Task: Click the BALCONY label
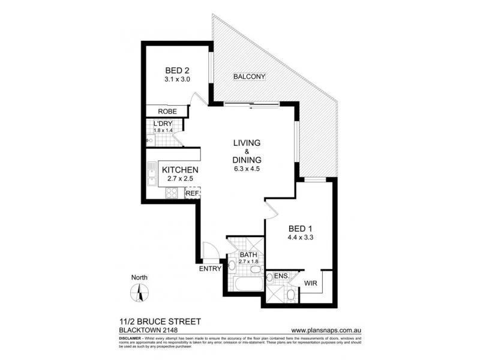click(x=250, y=77)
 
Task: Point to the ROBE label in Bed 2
click(x=167, y=112)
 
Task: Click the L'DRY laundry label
click(x=163, y=124)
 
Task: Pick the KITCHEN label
click(x=180, y=170)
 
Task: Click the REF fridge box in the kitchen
click(x=192, y=193)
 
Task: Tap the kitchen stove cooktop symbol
click(x=172, y=193)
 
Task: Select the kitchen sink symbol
click(x=151, y=177)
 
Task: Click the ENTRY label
click(x=210, y=268)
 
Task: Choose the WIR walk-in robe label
click(x=310, y=281)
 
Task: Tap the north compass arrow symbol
click(x=139, y=293)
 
